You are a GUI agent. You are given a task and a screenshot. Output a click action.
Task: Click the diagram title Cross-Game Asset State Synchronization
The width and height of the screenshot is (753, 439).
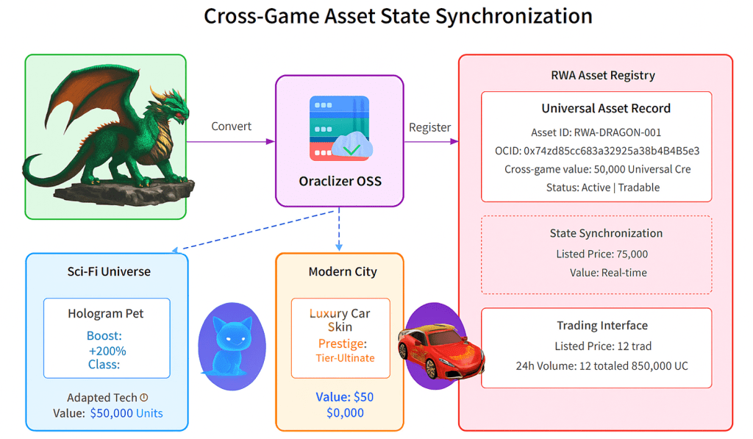[x=398, y=16]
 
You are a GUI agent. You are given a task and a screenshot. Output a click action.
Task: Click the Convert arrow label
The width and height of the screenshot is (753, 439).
[x=231, y=126]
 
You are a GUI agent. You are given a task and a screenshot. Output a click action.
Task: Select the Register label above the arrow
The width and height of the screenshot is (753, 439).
[x=429, y=127]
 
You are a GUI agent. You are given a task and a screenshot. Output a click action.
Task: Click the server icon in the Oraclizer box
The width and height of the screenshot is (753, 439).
[x=340, y=128]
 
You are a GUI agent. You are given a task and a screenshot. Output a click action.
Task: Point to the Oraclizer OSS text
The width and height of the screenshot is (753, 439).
[x=340, y=181]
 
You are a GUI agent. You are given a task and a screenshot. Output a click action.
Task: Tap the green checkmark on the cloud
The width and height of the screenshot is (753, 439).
[x=352, y=150]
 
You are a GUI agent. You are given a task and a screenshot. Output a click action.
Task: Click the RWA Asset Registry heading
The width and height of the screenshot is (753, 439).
[x=603, y=76]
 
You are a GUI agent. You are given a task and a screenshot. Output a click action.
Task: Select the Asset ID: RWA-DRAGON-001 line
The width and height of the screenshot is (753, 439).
[x=596, y=132]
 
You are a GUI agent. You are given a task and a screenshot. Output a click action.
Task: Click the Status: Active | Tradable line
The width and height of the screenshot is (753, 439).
[x=603, y=188]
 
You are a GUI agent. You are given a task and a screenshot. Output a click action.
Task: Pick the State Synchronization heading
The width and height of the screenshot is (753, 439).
[x=606, y=233]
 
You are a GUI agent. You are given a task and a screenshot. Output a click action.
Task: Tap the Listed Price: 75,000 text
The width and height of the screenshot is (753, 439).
[x=602, y=254]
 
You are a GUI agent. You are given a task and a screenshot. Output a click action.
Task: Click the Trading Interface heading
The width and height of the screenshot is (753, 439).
[x=602, y=326]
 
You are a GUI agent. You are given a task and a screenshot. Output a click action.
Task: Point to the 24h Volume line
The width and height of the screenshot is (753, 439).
[x=602, y=366]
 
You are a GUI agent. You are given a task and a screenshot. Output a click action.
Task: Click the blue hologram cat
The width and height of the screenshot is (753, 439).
[x=230, y=346]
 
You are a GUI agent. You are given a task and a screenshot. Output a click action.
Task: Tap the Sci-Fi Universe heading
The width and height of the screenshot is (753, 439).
[x=109, y=272]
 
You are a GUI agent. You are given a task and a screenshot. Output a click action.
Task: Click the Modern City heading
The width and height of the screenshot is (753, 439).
[x=343, y=272]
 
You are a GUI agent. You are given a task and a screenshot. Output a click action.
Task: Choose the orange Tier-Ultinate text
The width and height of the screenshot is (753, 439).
[x=345, y=358]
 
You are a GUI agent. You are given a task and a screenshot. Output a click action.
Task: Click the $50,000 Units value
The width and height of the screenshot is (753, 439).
[x=126, y=413]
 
